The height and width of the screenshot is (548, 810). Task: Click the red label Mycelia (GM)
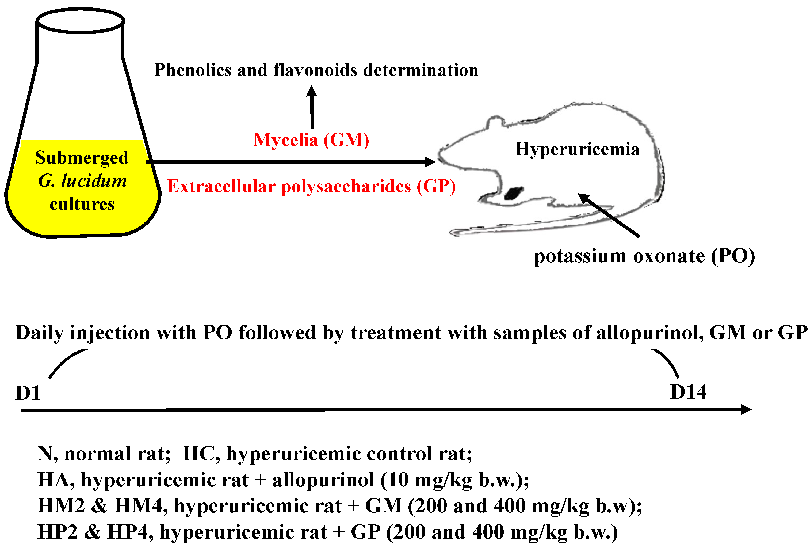tap(311, 140)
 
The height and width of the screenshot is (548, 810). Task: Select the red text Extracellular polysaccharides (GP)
tap(311, 186)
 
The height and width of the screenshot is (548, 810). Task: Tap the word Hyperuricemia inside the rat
tap(577, 149)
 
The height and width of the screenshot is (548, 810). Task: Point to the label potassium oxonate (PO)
tap(644, 256)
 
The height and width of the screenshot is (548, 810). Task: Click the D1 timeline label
tap(28, 393)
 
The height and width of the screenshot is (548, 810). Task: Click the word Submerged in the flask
tap(82, 158)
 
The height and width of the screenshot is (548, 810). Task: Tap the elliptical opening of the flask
tap(81, 21)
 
